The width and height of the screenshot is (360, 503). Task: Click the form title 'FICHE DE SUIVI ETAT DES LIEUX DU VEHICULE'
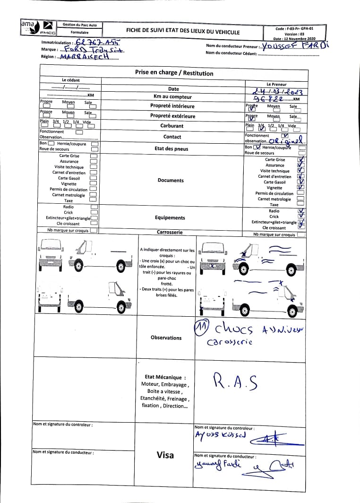182,32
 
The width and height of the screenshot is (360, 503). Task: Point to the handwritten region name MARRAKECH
83,56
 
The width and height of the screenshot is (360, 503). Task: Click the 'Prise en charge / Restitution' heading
174,73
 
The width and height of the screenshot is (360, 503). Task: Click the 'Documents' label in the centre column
171,180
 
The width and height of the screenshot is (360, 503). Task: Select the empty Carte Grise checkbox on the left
94,156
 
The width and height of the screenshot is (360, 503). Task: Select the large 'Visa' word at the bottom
165,455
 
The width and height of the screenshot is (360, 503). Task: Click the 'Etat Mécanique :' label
165,377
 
